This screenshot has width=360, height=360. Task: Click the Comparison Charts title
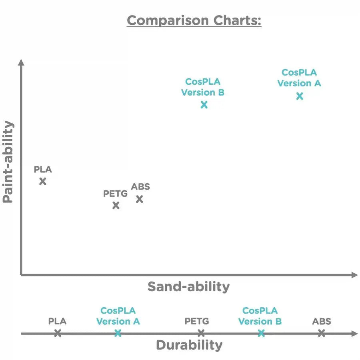[194, 20]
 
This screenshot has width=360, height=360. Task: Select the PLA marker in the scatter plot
[43, 181]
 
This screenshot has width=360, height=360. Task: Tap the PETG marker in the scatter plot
[116, 206]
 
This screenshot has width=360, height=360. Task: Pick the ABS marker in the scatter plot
[139, 199]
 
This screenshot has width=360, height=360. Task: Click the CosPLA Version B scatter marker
[204, 105]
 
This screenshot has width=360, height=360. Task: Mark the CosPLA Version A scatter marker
[300, 96]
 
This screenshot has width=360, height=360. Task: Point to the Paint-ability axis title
[8, 162]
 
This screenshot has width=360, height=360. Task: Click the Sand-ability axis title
[189, 286]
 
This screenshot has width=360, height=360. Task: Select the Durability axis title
[189, 345]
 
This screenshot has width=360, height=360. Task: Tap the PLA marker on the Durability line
[58, 333]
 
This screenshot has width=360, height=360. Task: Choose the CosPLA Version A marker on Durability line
[118, 333]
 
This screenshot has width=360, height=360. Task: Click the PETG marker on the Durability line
[201, 333]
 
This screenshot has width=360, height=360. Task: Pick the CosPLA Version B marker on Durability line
[261, 333]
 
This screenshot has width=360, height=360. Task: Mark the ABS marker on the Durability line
[321, 333]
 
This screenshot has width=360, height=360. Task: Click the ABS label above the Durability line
[322, 321]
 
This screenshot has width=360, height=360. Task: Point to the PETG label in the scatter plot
[115, 194]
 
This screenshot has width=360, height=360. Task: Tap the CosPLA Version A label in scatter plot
[299, 78]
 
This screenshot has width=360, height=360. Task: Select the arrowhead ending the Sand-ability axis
[354, 275]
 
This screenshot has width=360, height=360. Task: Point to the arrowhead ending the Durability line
[354, 333]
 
